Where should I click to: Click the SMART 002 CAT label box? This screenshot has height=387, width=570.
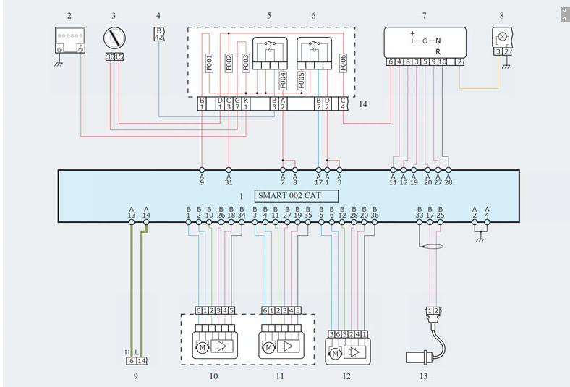point(297,195)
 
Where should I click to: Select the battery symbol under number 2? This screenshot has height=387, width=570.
point(70,40)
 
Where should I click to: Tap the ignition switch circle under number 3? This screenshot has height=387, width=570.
point(114,38)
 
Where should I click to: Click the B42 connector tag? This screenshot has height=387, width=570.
point(159,34)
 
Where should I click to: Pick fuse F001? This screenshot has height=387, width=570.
point(209,63)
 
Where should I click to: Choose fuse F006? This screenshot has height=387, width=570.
point(343,63)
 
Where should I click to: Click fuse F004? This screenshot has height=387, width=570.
point(283,80)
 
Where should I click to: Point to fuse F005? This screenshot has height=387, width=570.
point(301,80)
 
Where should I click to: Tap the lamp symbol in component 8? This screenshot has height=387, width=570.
point(503,37)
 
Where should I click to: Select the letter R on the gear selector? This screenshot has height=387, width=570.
point(438,52)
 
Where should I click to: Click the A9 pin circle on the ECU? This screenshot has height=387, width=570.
point(202,170)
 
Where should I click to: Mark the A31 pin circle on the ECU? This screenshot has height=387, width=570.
point(229,170)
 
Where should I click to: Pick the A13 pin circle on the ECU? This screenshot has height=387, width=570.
point(132,222)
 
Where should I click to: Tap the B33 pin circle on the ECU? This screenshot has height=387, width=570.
point(419,222)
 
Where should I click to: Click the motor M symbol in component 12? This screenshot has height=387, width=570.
point(335,353)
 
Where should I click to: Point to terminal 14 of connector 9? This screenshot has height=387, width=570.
point(142,361)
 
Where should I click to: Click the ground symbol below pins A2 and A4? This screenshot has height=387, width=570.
point(480,240)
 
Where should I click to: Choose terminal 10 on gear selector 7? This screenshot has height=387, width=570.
point(442,61)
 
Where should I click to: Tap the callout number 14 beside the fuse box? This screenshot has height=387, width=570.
point(363,104)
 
